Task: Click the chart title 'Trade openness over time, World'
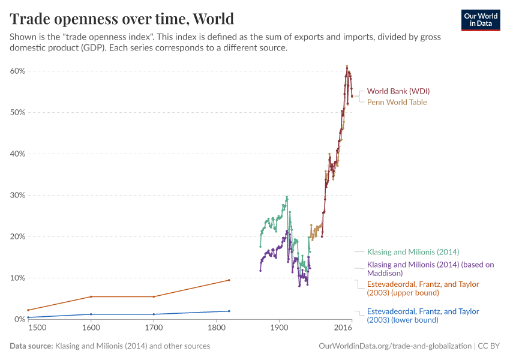122,18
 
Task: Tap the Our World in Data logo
480,19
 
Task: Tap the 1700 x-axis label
154,328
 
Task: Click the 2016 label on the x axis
343,328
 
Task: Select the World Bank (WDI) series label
398,91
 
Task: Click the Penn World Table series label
397,102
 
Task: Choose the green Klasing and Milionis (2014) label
413,252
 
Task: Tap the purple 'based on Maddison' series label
430,268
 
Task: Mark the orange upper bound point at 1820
229,280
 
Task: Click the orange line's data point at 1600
91,296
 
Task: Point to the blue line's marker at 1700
154,314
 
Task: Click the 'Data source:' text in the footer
31,346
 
